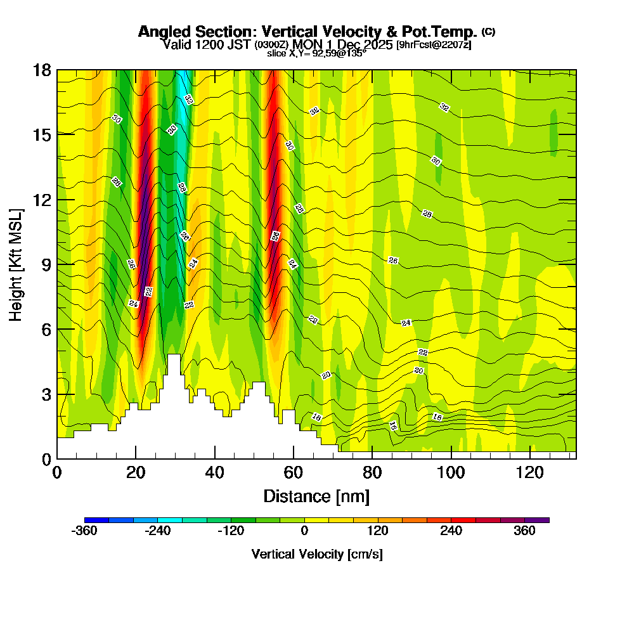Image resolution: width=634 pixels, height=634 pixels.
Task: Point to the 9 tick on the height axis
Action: click(57, 264)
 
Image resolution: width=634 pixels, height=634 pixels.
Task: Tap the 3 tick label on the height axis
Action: click(46, 394)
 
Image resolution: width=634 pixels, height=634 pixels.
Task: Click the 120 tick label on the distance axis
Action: click(530, 472)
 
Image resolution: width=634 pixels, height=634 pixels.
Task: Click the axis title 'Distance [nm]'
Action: click(316, 496)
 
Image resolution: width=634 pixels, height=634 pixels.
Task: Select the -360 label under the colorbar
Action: click(84, 532)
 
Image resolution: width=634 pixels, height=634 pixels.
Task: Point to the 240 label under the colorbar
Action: click(451, 532)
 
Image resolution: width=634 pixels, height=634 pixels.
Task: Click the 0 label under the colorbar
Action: click(304, 532)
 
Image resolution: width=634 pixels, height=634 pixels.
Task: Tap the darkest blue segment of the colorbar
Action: click(96, 520)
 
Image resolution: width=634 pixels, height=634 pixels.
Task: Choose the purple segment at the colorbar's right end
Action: click(537, 520)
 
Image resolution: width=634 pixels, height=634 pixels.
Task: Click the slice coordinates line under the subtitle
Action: click(316, 54)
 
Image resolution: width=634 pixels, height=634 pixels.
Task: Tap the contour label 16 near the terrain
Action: click(393, 425)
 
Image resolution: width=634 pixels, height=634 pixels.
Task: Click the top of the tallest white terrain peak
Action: click(174, 356)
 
